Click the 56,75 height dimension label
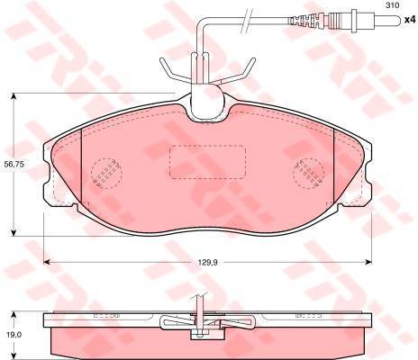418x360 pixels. (14, 164)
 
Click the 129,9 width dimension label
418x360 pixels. (207, 263)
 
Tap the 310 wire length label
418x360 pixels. (393, 5)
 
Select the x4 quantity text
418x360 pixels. (409, 20)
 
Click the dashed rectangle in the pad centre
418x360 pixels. (207, 162)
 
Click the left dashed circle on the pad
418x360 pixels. (106, 174)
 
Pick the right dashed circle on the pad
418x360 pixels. (309, 174)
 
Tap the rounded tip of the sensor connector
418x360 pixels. (398, 20)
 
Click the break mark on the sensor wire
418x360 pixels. (245, 20)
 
